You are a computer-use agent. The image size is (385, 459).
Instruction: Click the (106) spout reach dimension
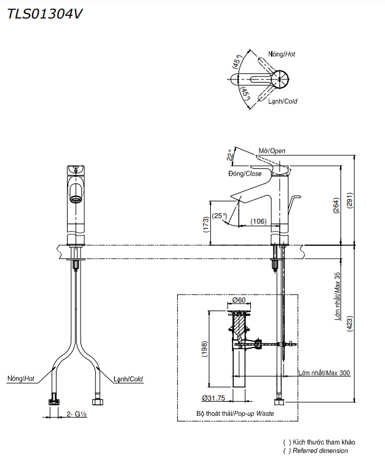coord(258,222)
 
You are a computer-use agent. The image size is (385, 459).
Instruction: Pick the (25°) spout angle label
coord(219,216)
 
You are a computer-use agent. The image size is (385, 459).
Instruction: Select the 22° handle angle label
coord(231,155)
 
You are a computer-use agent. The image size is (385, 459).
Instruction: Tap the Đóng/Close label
coord(245,174)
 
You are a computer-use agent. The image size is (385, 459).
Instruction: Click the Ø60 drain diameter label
coord(239,300)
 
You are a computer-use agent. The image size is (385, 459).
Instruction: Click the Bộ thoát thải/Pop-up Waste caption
coord(235,413)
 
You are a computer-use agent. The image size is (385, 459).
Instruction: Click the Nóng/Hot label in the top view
coord(282,54)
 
